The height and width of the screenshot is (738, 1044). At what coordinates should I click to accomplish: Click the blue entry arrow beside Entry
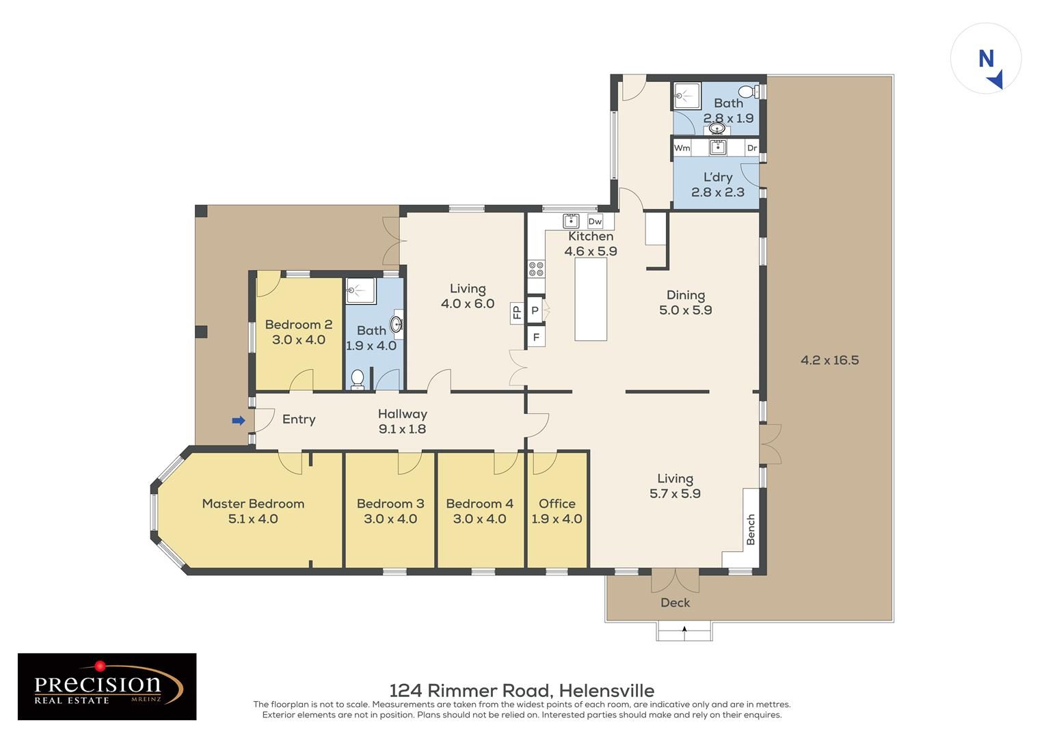(238, 421)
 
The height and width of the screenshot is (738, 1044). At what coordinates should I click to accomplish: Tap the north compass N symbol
(986, 59)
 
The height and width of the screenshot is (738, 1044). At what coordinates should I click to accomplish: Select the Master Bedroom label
(253, 504)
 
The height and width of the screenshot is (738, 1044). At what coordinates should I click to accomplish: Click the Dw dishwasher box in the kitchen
(595, 222)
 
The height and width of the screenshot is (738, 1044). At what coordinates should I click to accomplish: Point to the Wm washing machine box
(682, 148)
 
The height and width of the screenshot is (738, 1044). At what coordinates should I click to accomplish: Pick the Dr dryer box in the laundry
(752, 148)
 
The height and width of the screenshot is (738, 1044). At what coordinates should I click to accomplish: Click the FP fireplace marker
(516, 311)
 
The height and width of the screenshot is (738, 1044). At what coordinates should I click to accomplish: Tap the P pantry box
(535, 310)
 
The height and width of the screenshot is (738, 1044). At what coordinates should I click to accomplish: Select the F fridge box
(536, 337)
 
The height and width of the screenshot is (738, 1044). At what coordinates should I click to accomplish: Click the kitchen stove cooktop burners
(536, 269)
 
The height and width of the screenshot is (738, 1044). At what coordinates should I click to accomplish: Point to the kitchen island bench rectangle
(591, 299)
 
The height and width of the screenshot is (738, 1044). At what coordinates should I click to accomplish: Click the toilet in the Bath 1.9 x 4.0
(357, 380)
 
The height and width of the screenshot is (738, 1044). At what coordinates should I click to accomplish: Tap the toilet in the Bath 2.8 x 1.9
(749, 92)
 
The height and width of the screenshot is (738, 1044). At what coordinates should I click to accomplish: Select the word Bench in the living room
(751, 530)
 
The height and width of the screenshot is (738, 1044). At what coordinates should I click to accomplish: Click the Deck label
(675, 603)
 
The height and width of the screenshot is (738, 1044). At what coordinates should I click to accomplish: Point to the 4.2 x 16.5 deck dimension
(829, 360)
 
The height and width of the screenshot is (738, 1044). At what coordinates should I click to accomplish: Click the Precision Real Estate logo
(107, 686)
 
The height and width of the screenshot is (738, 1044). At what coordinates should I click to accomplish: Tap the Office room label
(557, 504)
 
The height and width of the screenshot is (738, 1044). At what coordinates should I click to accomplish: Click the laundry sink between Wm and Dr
(718, 148)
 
